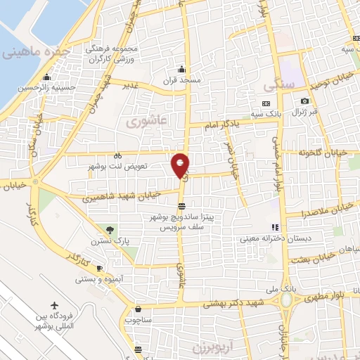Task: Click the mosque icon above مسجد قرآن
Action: click(181, 69)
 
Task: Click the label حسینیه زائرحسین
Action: click(46, 87)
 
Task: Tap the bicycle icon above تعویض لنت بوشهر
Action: click(117, 156)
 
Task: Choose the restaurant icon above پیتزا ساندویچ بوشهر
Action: click(182, 206)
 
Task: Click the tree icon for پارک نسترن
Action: click(109, 230)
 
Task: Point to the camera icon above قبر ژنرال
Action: click(304, 102)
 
